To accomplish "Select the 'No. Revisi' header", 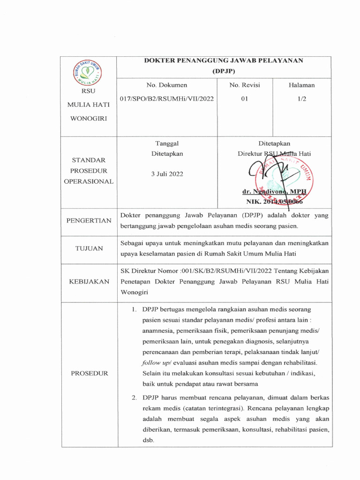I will (x=244, y=85).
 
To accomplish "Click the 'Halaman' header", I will (x=301, y=85).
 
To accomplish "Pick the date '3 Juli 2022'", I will (x=167, y=173).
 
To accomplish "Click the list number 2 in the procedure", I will (x=134, y=397).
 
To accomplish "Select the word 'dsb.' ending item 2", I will (x=148, y=441).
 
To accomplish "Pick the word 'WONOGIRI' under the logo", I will (x=88, y=118).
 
